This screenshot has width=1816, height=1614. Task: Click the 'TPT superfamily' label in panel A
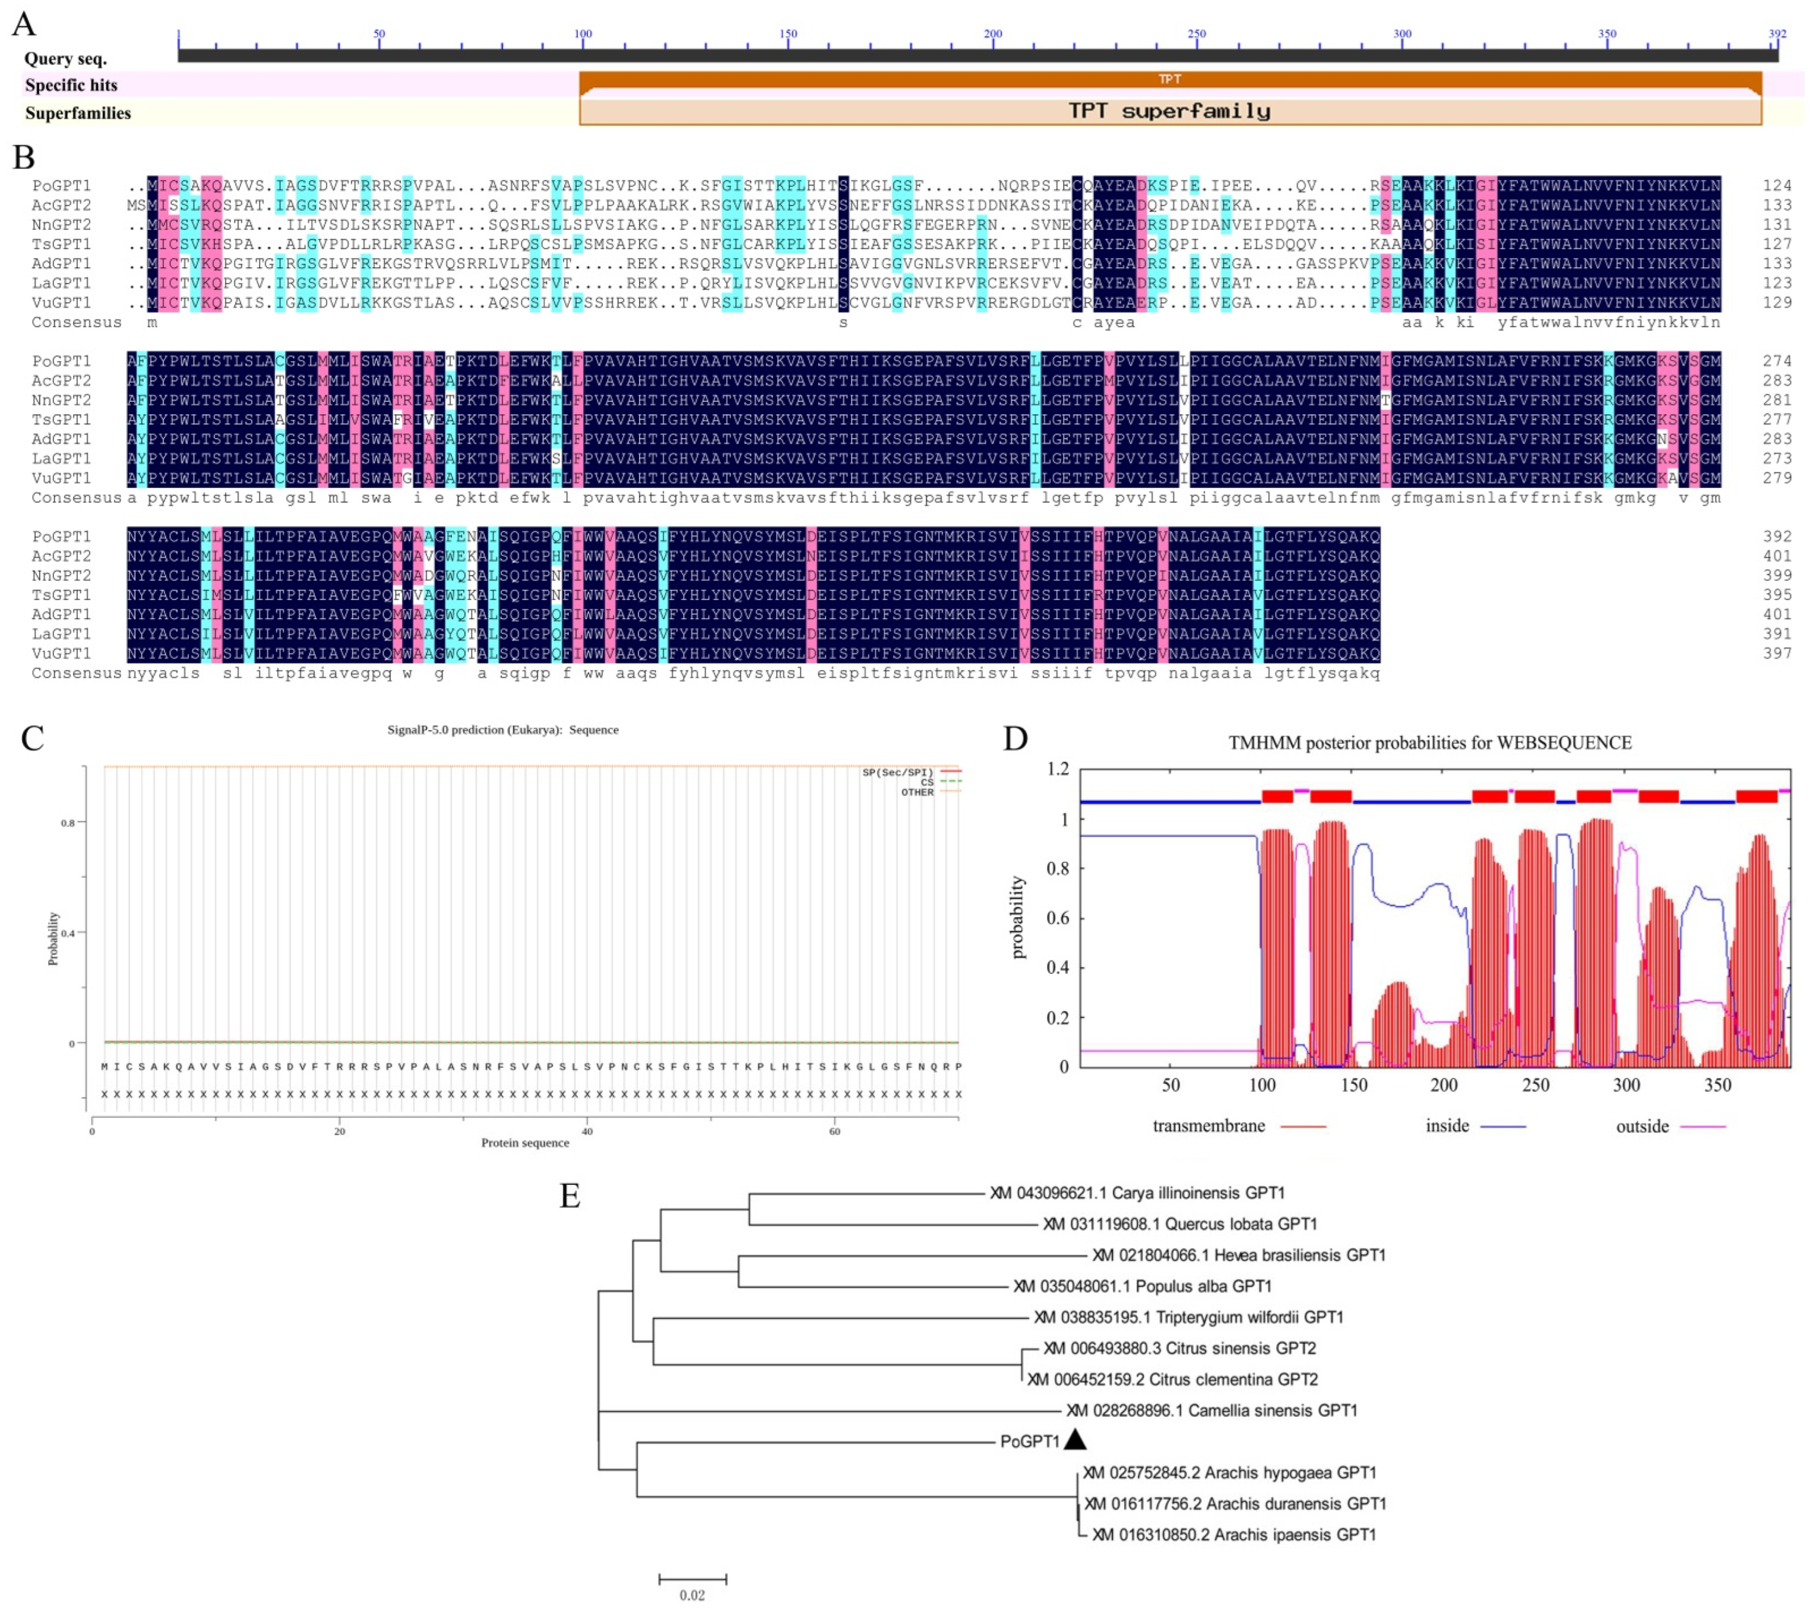[1169, 111]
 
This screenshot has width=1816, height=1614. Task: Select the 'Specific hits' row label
[71, 85]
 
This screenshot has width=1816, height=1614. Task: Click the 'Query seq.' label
[66, 59]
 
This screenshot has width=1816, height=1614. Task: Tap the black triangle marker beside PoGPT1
[1075, 1440]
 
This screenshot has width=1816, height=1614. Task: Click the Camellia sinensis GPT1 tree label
[1212, 1410]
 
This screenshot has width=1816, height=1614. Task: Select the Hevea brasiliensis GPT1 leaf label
[1239, 1255]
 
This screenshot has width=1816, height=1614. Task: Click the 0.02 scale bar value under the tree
[692, 1594]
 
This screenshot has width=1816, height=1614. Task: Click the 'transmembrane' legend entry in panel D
[1208, 1125]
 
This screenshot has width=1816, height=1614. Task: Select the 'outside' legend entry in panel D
[1642, 1126]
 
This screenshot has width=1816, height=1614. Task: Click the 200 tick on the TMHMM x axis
[1444, 1085]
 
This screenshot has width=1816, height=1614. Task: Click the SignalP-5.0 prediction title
[503, 730]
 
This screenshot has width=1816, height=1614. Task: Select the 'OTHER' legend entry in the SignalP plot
[917, 792]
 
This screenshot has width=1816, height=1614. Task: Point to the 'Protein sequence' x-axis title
[525, 1142]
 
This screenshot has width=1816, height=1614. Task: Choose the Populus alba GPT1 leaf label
[1143, 1286]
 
